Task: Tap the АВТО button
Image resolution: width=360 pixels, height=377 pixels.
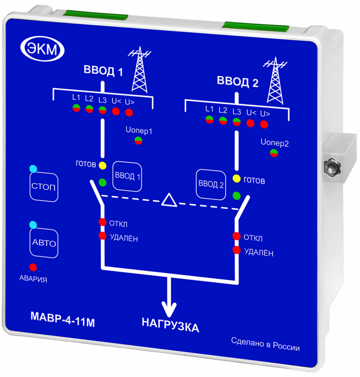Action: pos(44,243)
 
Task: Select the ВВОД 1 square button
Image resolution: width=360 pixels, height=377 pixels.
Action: pos(127,176)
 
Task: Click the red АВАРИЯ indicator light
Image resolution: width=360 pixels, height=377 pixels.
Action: pos(33,267)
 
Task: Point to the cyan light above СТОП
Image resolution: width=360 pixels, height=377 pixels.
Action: pos(33,169)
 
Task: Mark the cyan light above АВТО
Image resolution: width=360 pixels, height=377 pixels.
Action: pos(33,225)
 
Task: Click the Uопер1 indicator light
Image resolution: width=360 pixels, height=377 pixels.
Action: pos(138,141)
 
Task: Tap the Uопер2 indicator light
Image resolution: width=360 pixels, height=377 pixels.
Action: pos(274,153)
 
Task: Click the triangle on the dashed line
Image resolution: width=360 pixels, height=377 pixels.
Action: pos(169,200)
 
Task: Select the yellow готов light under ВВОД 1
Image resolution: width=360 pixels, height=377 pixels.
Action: pos(103,165)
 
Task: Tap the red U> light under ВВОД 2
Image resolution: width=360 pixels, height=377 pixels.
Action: pos(264,124)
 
